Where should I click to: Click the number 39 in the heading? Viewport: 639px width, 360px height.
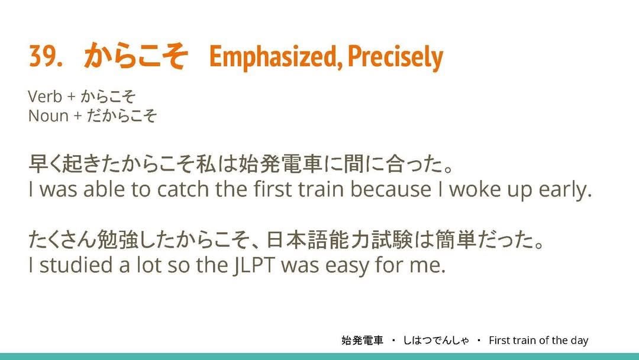[x=42, y=56]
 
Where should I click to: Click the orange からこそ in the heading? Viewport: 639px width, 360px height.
[x=135, y=56]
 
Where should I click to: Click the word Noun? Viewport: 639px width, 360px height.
[x=48, y=116]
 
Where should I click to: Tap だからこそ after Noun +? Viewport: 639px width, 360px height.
[x=121, y=116]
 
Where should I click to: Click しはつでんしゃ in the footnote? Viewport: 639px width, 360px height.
[x=436, y=340]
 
